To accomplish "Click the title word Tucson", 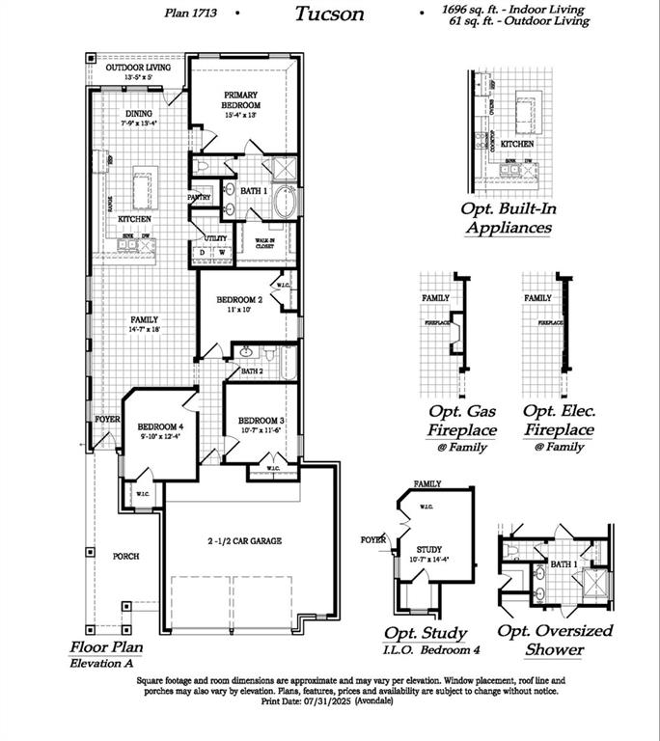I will point(329,14).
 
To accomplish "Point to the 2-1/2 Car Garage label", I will point(244,542).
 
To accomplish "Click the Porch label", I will point(125,557).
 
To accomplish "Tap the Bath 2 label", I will point(252,370).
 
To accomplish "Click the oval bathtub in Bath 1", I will point(287,205).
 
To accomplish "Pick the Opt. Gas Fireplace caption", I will point(463,421).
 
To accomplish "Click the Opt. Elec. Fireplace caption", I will point(559,421).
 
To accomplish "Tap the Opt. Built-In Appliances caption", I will point(509,218).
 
